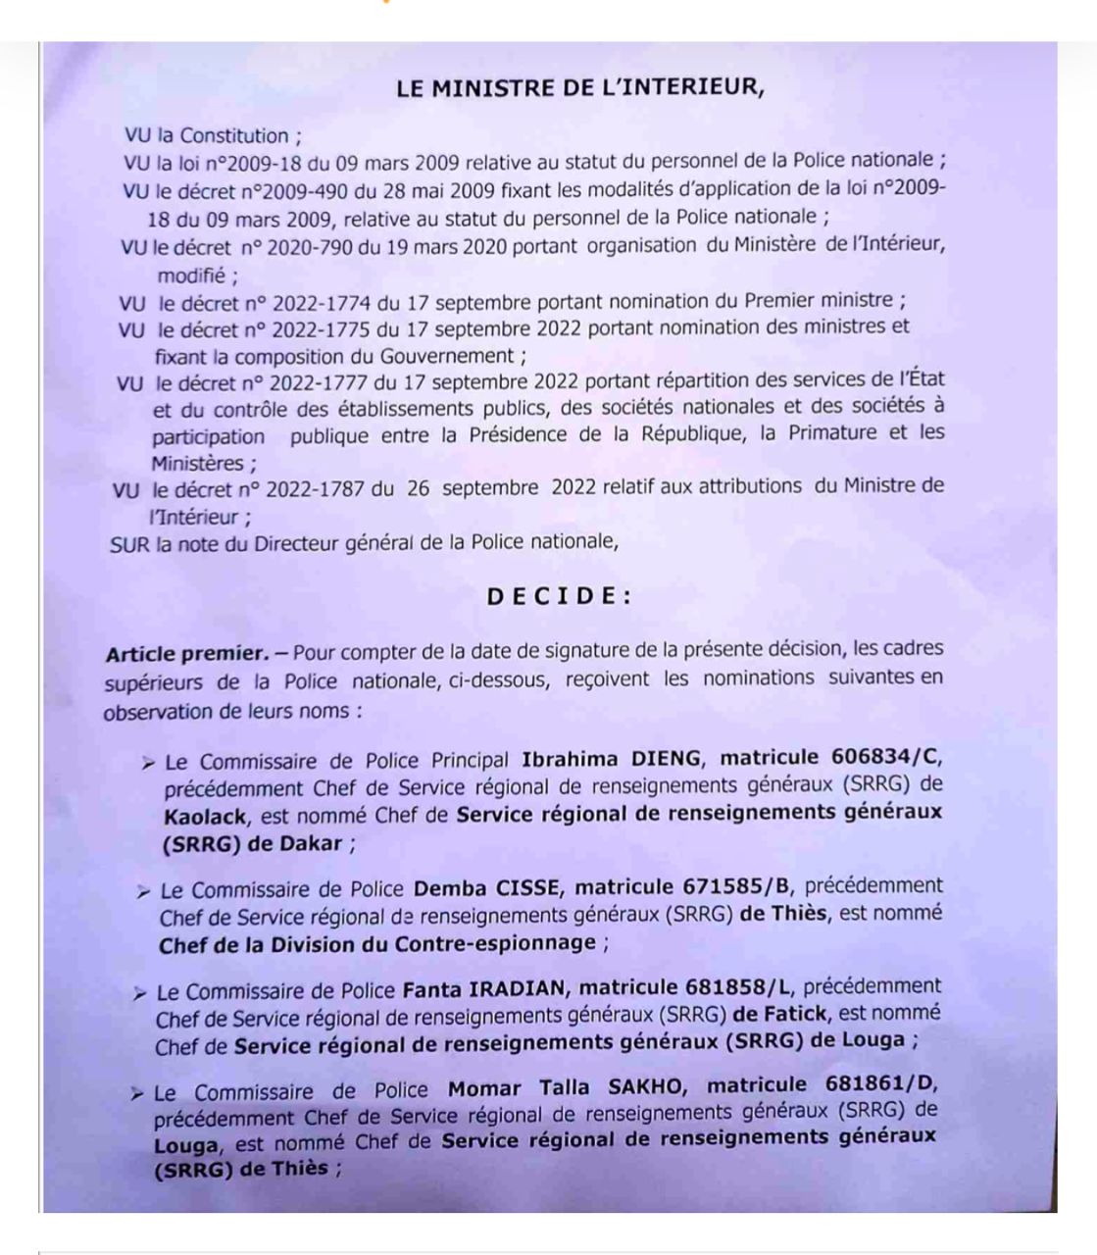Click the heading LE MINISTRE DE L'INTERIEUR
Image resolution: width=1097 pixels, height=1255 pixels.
point(579,87)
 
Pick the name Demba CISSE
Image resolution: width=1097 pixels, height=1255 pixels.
point(488,888)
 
